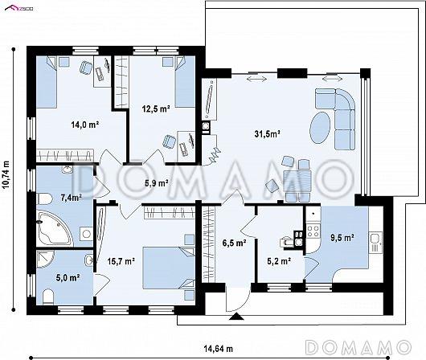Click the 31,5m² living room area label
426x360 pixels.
(x=268, y=133)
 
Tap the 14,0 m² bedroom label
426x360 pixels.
(x=84, y=125)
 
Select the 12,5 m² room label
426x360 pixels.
(x=156, y=109)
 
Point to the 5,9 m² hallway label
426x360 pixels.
(x=156, y=183)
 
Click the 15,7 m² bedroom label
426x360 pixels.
(x=121, y=261)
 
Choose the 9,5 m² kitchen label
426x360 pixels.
(x=342, y=238)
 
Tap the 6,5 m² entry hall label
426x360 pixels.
(x=234, y=243)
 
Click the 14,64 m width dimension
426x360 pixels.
(x=218, y=349)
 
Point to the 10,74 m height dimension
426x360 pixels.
(x=6, y=174)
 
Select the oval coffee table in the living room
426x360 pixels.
(x=320, y=128)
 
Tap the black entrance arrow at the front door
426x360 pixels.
(x=236, y=317)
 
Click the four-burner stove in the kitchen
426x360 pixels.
(x=313, y=231)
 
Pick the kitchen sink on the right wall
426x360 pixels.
(x=375, y=243)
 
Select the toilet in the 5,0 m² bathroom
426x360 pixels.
(x=48, y=297)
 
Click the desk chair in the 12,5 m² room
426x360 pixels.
(x=170, y=141)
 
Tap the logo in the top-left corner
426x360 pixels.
(x=18, y=9)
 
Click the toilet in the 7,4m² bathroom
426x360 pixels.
(x=44, y=198)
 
